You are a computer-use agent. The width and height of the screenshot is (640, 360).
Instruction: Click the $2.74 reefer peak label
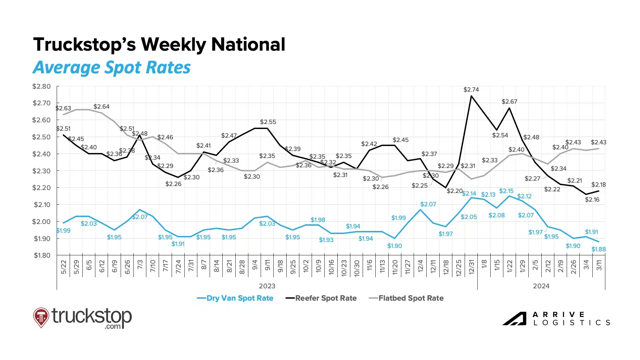click(471, 90)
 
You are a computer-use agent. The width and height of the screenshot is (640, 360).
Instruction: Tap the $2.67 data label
click(509, 102)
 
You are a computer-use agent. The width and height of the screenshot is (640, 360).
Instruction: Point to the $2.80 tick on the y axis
click(41, 86)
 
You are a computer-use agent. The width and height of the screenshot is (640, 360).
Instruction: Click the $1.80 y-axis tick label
click(42, 255)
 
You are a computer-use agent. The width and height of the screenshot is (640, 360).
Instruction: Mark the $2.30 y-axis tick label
click(41, 171)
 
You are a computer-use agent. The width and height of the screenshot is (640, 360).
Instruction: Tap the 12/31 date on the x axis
click(471, 267)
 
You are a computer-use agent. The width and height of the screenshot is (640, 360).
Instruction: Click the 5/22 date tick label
click(64, 267)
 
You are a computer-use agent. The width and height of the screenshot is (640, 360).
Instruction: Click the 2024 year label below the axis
click(541, 286)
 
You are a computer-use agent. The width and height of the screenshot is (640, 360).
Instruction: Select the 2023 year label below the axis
click(267, 286)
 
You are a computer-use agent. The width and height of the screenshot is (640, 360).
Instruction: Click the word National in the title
click(248, 44)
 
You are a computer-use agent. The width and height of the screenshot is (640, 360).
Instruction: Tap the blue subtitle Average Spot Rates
click(112, 67)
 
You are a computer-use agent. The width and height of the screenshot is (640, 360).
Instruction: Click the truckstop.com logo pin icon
click(41, 317)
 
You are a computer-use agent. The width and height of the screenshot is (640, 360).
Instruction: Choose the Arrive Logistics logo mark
click(515, 319)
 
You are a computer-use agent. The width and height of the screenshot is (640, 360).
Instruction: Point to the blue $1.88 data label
click(598, 249)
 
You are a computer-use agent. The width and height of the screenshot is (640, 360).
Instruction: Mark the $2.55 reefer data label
click(268, 122)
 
